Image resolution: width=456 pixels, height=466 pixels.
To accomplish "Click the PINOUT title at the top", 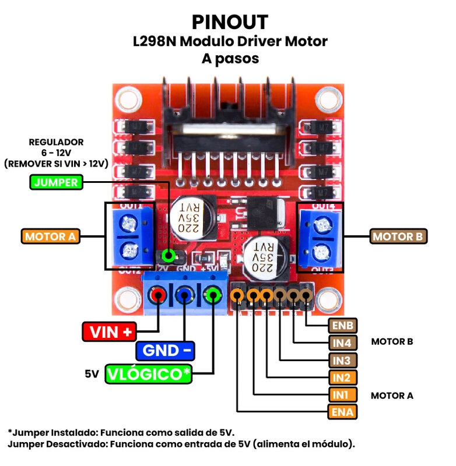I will [230, 22].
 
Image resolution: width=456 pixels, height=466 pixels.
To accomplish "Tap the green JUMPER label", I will [56, 182].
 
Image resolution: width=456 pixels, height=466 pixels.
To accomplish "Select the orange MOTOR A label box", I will [51, 237].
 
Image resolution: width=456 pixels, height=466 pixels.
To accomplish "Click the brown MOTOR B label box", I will [399, 236].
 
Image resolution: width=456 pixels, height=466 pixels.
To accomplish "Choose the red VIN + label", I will [110, 332].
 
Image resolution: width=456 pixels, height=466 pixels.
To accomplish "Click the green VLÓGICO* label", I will [149, 374].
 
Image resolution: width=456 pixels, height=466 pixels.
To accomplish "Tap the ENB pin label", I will [342, 325].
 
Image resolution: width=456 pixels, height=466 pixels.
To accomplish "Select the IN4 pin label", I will [342, 343].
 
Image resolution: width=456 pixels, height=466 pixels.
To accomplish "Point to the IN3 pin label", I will [342, 360].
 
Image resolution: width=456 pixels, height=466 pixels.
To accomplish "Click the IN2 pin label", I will [342, 377].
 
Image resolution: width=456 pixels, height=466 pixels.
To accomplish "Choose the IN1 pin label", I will [342, 395].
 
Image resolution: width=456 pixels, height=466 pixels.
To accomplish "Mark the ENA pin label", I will [342, 412].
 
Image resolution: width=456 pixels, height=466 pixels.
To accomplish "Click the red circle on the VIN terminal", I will [157, 296].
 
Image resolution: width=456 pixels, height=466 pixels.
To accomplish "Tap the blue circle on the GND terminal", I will [185, 296].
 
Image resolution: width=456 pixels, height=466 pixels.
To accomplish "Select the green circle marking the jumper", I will [169, 255].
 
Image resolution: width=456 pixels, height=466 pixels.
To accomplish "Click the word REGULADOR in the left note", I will [56, 142].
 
